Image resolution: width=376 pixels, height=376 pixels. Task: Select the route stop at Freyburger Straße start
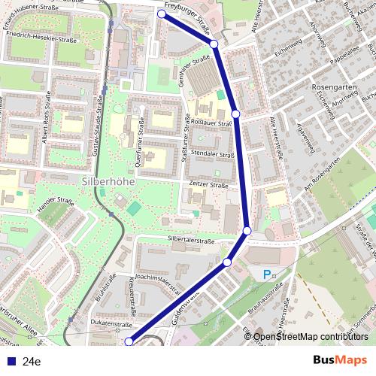click(x=162, y=14)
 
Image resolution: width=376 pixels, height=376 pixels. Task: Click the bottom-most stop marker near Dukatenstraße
click(x=129, y=341)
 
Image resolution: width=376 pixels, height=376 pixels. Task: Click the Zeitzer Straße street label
click(x=209, y=185)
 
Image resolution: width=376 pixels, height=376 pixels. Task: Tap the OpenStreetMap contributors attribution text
click(x=311, y=337)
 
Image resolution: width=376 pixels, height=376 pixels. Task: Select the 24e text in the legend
click(x=32, y=362)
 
